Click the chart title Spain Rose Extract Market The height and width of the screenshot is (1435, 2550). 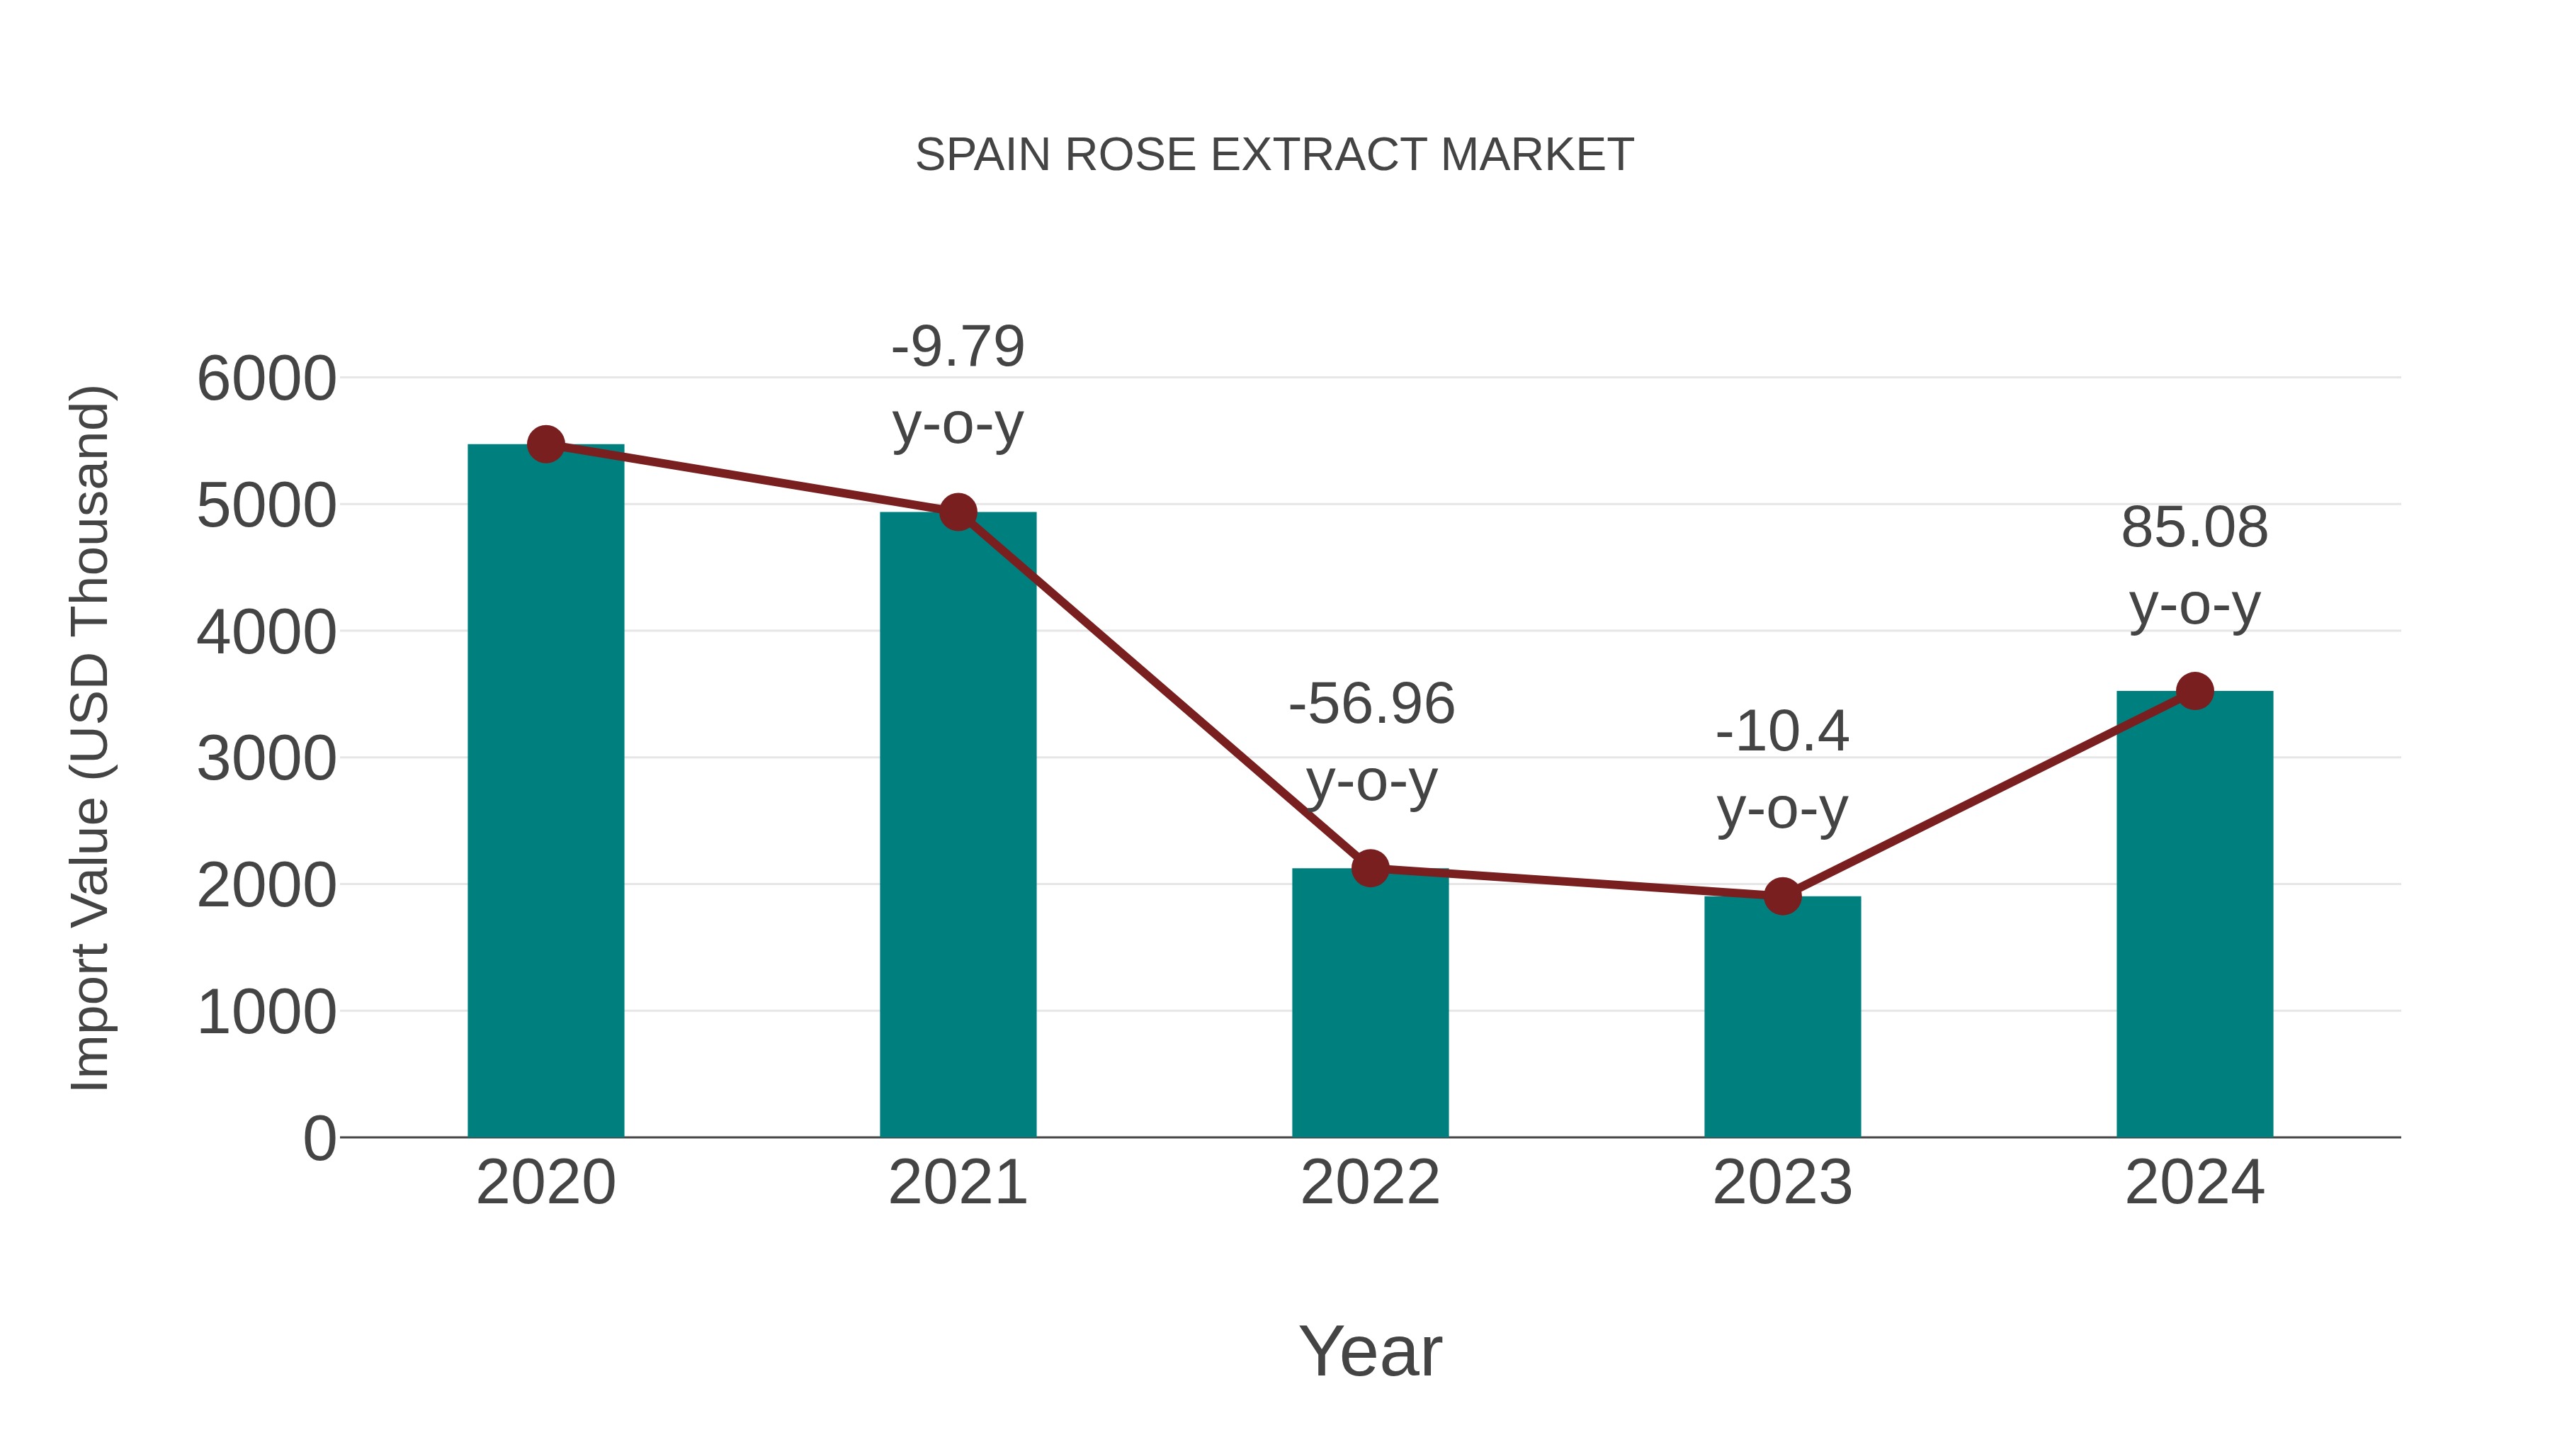click(1274, 155)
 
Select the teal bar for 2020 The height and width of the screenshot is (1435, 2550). click(545, 792)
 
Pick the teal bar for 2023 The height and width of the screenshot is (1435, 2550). click(1782, 1020)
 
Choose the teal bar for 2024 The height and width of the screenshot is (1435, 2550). click(2194, 916)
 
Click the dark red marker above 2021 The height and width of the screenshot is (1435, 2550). click(957, 512)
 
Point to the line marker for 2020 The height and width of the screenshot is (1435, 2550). click(545, 444)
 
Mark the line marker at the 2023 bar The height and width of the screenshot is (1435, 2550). click(1782, 896)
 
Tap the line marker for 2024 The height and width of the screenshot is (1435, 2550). click(2194, 691)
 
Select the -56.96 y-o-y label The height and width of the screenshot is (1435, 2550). click(1371, 705)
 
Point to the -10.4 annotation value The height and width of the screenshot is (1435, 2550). click(1782, 733)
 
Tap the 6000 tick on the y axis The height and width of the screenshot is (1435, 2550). click(266, 379)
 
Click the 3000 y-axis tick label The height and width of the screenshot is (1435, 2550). click(266, 760)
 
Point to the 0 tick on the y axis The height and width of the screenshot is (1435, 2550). click(319, 1139)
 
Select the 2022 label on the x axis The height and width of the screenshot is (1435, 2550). click(1370, 1183)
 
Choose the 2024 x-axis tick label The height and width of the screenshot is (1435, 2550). click(2194, 1183)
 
